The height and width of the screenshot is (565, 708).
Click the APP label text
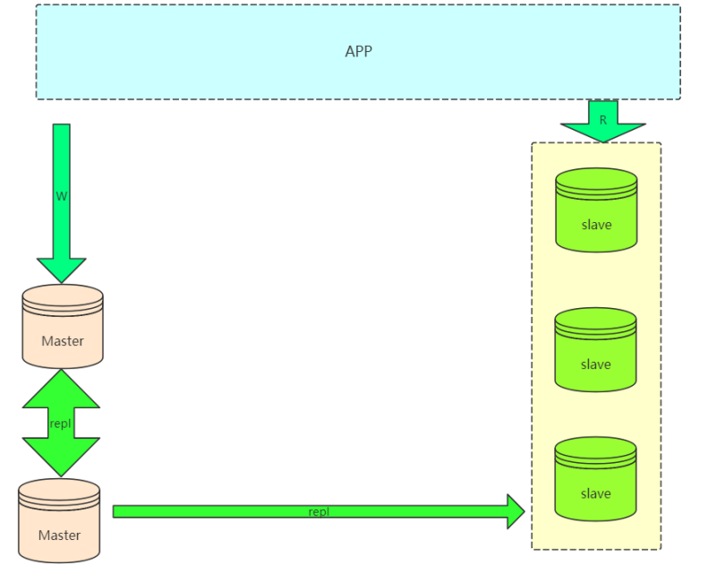tap(358, 51)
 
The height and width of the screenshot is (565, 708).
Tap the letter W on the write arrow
tap(61, 196)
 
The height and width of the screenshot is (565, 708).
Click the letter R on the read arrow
tap(602, 119)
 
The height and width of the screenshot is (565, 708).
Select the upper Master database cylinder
tap(63, 326)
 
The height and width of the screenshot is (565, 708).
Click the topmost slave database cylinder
tap(596, 210)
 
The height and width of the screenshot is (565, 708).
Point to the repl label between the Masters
tap(61, 424)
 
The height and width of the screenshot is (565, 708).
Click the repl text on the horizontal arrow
tap(319, 512)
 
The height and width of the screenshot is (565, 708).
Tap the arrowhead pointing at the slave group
tap(516, 511)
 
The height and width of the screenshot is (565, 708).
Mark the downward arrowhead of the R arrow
tap(602, 133)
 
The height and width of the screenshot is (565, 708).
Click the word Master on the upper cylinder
tap(63, 341)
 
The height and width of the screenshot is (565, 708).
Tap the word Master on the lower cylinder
tap(59, 535)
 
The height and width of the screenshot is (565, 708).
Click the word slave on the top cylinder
tap(596, 225)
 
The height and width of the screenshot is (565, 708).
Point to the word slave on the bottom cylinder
tap(596, 493)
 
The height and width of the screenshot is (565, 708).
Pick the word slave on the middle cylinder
tap(596, 364)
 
